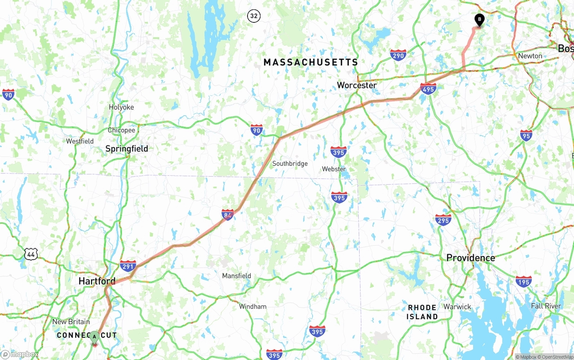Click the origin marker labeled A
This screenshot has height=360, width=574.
coord(94,337)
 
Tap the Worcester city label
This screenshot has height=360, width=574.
coord(357,85)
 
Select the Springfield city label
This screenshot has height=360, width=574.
coord(126,149)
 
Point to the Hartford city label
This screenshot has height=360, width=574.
coord(97,281)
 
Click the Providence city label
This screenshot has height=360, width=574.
coord(470,258)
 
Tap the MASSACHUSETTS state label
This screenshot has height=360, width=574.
coord(311,62)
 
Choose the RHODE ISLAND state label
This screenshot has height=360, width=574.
coord(422,312)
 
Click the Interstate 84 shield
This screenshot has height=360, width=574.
coord(228,214)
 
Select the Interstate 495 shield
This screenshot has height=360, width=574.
coord(428,89)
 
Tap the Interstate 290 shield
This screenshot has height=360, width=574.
coord(398,55)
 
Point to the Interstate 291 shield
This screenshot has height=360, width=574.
coord(128,265)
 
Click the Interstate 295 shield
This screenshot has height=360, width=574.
coord(443,220)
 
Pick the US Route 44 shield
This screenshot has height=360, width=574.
coord(31,254)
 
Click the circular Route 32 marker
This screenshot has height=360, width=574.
coord(254,17)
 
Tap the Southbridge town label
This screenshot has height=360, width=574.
coord(290,164)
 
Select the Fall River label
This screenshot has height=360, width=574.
coord(546,306)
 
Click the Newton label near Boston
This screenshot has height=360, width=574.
coord(530,56)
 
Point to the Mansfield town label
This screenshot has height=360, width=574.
coord(236,276)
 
